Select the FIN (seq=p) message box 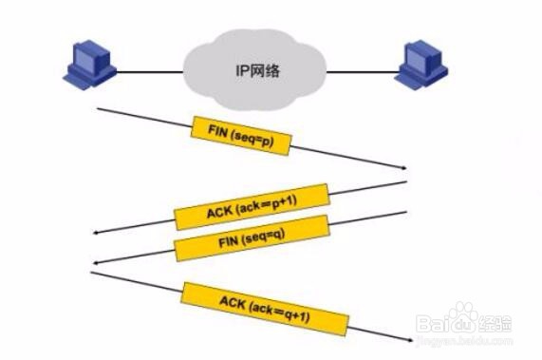pos(240,136)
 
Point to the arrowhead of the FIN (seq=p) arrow pos(402,167)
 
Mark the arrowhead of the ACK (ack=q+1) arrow pos(404,341)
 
